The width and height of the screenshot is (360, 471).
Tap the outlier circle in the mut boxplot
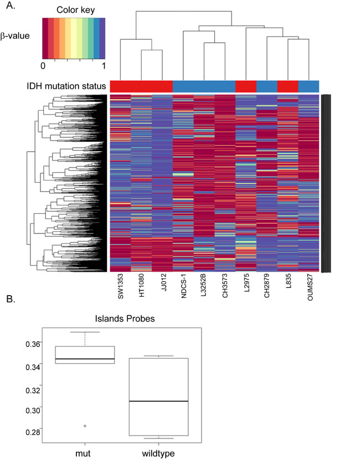[84, 426]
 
